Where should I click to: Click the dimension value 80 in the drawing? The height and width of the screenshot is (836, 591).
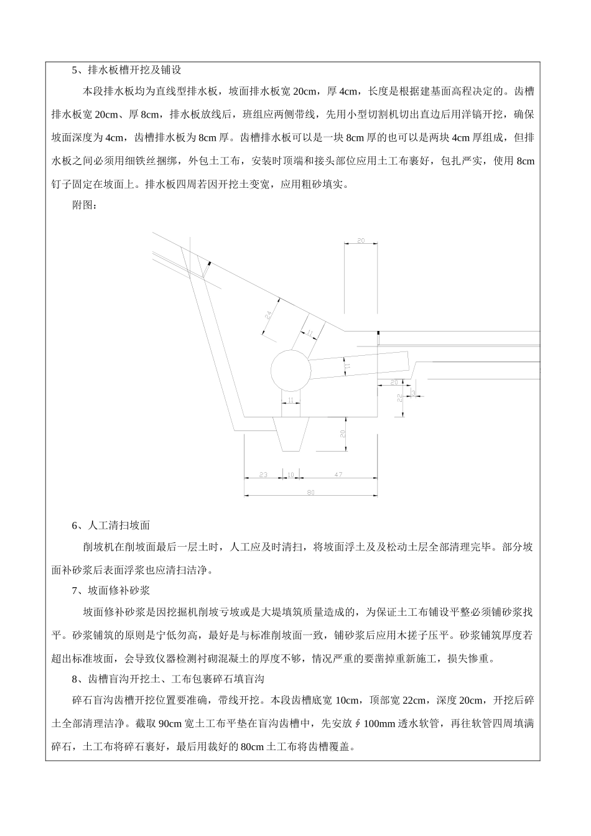pos(311,492)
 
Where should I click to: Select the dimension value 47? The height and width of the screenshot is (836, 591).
pos(338,475)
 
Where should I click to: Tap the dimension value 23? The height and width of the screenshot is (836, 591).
pos(263,475)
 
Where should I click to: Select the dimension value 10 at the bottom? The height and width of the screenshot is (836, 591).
pos(291,475)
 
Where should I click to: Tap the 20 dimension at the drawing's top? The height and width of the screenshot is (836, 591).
pos(361,240)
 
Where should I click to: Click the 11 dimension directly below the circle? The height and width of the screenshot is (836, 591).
pos(291,401)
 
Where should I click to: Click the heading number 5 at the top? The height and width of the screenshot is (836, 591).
pos(75,70)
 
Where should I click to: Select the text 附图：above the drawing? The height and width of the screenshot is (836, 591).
pos(85,205)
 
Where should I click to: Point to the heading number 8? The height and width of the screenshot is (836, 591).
pos(75,679)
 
